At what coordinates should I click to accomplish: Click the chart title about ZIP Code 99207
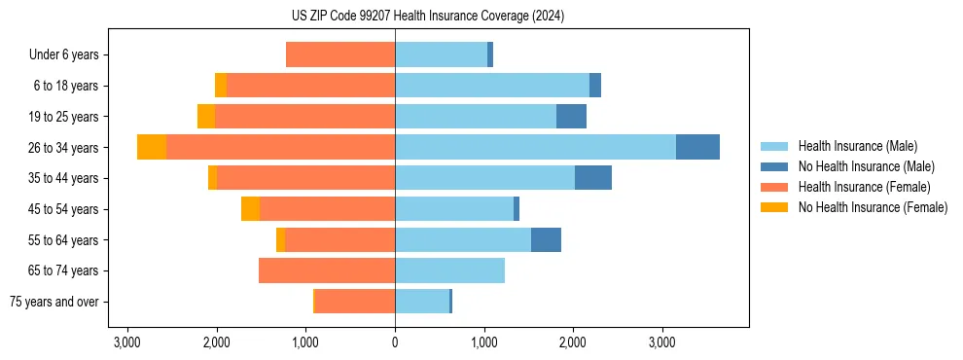click(x=427, y=17)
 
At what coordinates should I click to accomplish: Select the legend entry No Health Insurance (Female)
click(x=873, y=207)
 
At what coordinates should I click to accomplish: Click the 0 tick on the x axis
click(x=395, y=342)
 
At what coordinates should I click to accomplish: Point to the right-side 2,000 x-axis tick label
click(x=573, y=342)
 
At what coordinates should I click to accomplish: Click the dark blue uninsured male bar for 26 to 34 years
click(x=697, y=147)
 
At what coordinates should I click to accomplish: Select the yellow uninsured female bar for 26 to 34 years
click(x=152, y=147)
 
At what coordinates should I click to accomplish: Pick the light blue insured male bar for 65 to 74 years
click(x=449, y=270)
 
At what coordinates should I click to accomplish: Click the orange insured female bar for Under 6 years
click(x=340, y=54)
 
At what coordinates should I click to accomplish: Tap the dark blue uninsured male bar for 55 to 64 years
click(x=546, y=239)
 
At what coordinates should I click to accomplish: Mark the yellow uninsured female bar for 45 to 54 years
click(x=250, y=208)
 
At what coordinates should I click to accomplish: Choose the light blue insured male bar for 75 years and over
click(x=422, y=302)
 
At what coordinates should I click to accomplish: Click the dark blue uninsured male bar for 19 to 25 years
click(x=571, y=117)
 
